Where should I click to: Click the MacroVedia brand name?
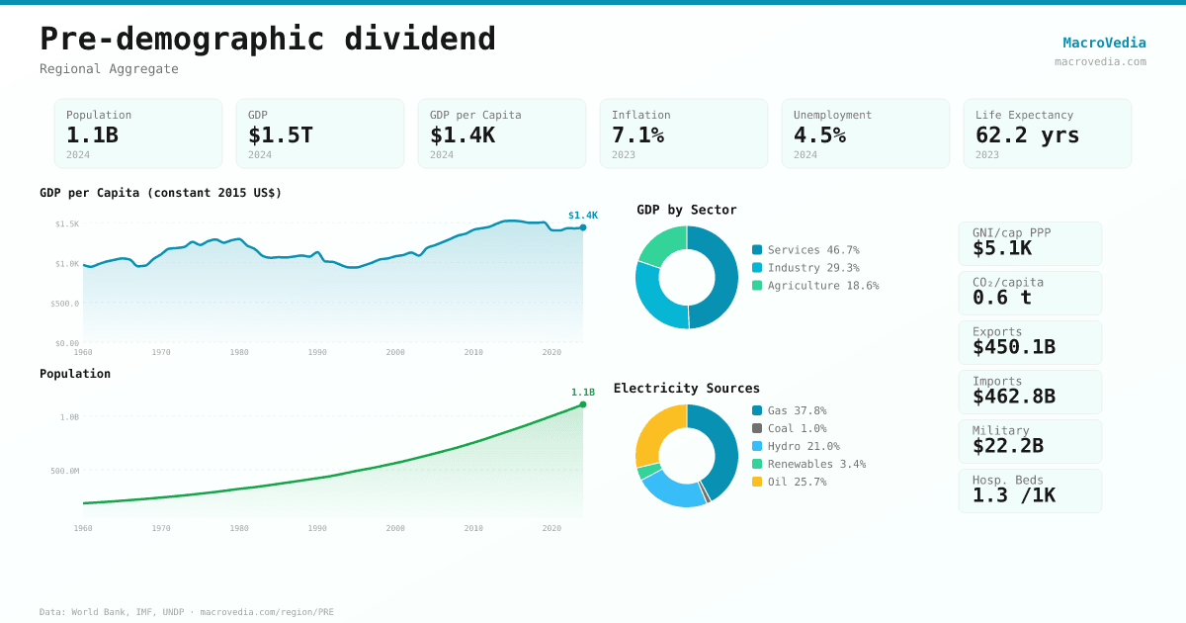click(1104, 43)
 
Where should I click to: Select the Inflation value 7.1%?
click(637, 134)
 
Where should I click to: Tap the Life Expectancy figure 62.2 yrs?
click(1027, 134)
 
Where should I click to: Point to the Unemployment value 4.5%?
click(819, 134)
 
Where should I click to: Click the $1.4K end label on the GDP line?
click(583, 216)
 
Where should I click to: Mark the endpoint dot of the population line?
click(583, 404)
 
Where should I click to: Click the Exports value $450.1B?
click(1014, 347)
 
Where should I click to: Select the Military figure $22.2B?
click(1008, 446)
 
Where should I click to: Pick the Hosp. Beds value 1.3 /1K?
click(1014, 495)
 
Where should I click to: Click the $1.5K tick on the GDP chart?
click(67, 223)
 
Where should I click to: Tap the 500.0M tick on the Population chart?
click(64, 471)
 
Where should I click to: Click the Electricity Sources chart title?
click(687, 389)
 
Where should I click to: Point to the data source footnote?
click(187, 612)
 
